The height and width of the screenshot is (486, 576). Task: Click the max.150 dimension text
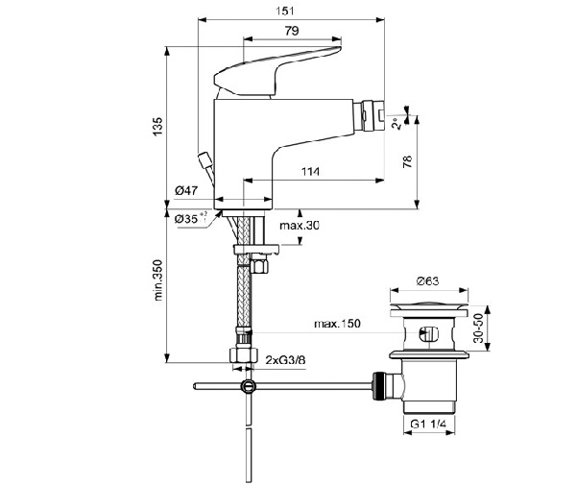click(x=337, y=325)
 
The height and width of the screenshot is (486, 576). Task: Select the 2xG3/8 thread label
click(x=285, y=360)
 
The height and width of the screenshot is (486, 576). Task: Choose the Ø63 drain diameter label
click(x=428, y=281)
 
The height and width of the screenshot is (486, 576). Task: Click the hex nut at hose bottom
click(x=244, y=356)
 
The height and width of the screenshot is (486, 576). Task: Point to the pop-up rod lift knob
click(x=204, y=158)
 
